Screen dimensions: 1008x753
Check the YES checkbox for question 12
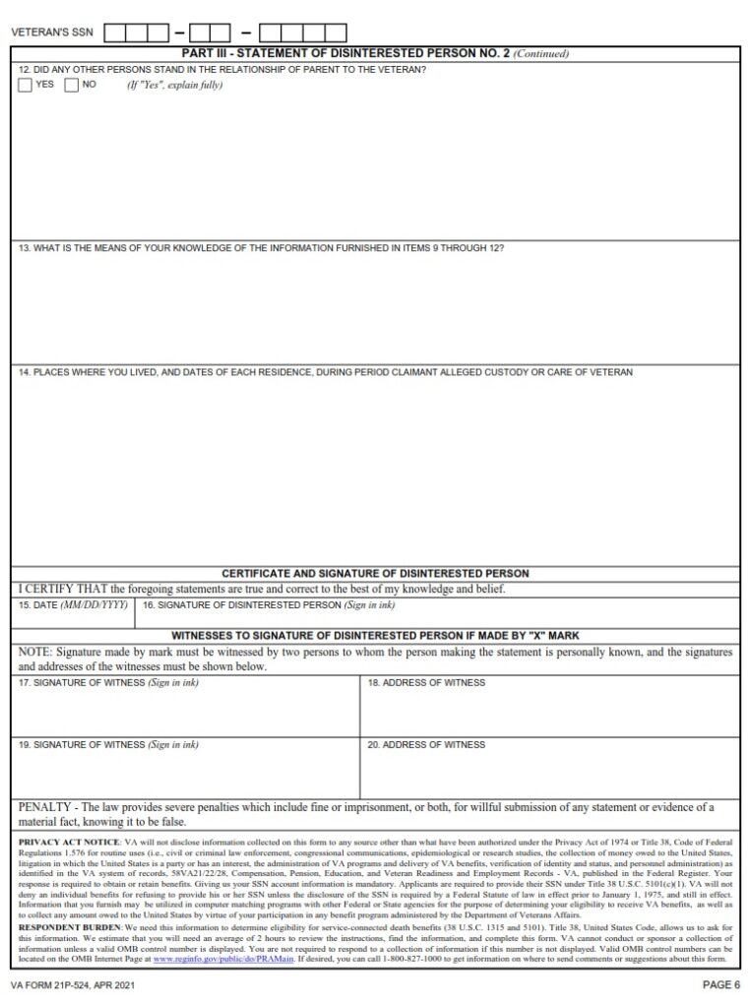pyautogui.click(x=26, y=85)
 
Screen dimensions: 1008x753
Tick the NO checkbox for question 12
pyautogui.click(x=72, y=85)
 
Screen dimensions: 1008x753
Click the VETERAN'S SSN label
pyautogui.click(x=52, y=32)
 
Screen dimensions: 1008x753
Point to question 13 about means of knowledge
pyautogui.click(x=261, y=248)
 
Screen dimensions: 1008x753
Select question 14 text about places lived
pyautogui.click(x=325, y=372)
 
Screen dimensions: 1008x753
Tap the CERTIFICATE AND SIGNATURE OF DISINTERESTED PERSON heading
pyautogui.click(x=375, y=573)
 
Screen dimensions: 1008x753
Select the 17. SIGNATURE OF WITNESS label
pyautogui.click(x=108, y=683)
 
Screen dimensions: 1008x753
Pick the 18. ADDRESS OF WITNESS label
pyautogui.click(x=426, y=682)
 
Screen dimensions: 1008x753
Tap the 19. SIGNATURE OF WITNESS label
pyautogui.click(x=108, y=745)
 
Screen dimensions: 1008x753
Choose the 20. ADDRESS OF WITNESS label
pyautogui.click(x=426, y=745)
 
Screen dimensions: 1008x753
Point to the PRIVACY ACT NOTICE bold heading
pyautogui.click(x=68, y=844)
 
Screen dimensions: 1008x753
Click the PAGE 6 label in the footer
pyautogui.click(x=721, y=984)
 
